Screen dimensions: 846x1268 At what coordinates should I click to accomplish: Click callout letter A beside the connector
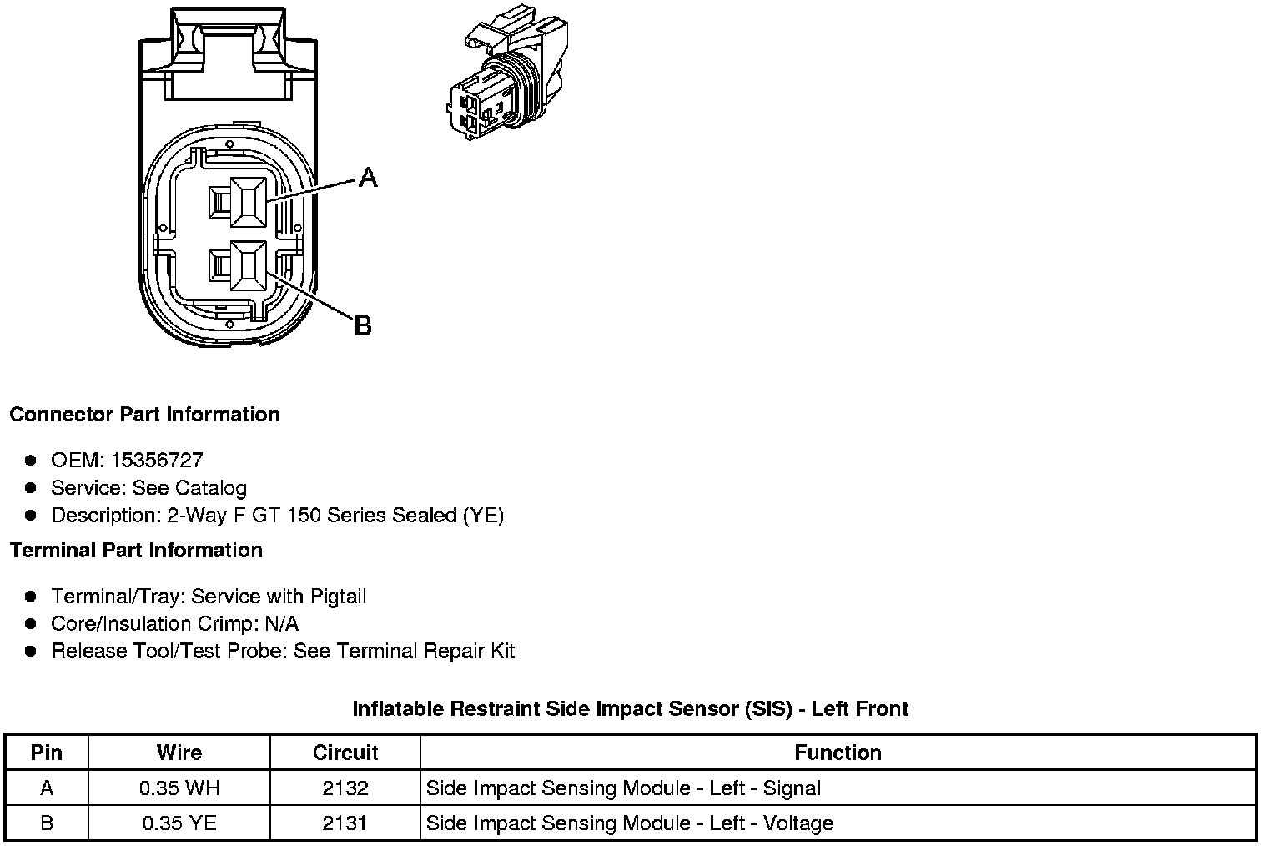(368, 177)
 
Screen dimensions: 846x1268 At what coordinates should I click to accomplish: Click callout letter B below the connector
(363, 325)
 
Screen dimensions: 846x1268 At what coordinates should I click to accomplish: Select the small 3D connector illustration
(508, 79)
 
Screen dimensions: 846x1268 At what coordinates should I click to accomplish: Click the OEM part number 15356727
(157, 460)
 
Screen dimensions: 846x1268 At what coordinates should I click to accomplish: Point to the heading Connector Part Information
(144, 415)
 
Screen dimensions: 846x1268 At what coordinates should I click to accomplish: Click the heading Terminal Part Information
(136, 551)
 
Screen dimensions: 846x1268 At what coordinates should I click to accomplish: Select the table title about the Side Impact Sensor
(630, 709)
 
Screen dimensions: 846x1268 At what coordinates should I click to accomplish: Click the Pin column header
(47, 753)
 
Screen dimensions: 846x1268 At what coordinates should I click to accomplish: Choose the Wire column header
(179, 753)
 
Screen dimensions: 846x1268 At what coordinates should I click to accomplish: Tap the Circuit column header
(345, 753)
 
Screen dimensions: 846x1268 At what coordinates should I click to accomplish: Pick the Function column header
(838, 753)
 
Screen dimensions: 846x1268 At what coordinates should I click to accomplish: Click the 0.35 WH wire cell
(179, 788)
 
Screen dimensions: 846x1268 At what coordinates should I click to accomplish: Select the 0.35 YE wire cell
(179, 823)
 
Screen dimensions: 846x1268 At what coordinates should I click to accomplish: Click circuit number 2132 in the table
(345, 788)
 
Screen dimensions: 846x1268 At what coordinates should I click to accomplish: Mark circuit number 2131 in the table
(345, 823)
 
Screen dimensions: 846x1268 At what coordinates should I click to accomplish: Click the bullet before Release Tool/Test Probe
(31, 651)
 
